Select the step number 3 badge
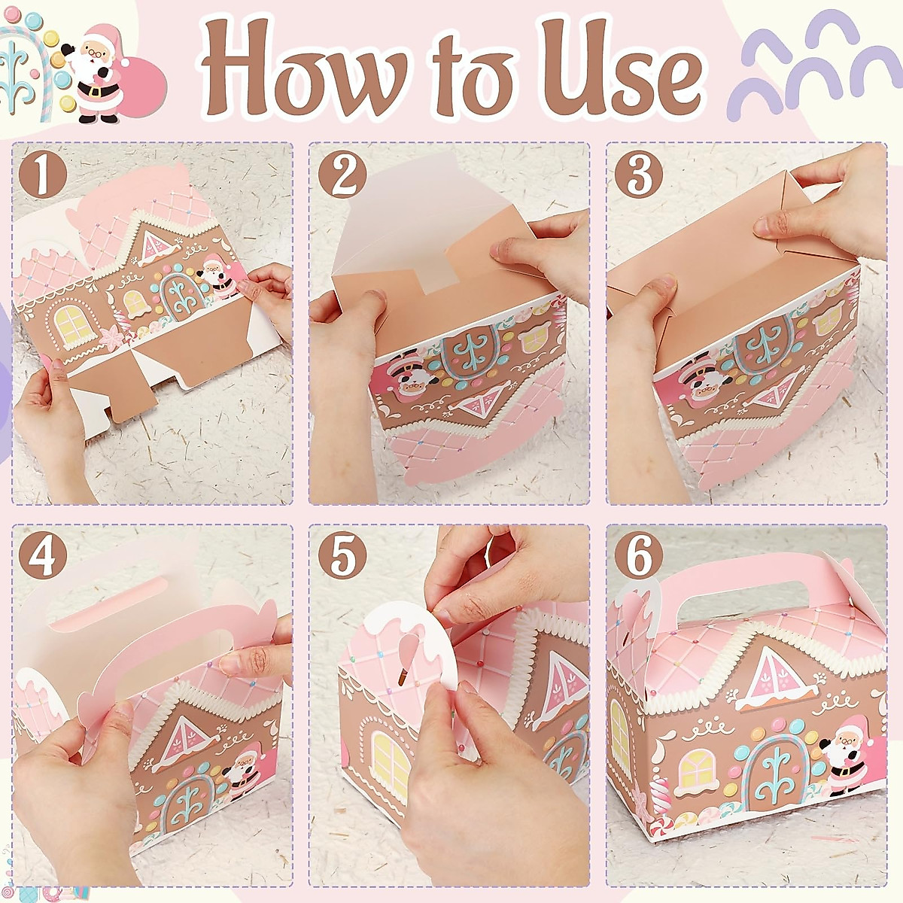tap(639, 175)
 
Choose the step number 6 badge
tap(639, 557)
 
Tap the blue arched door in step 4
tap(184, 809)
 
